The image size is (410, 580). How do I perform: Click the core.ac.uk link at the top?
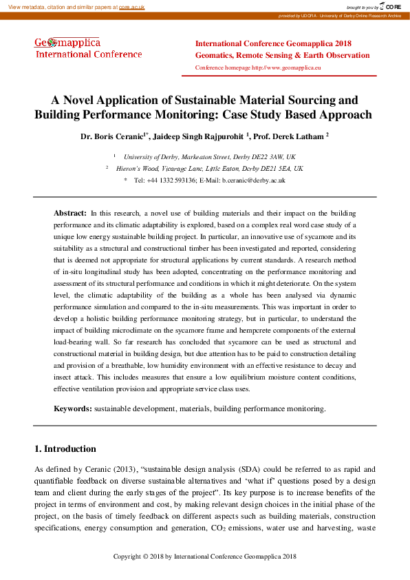(x=132, y=6)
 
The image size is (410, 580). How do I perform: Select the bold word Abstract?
(x=70, y=214)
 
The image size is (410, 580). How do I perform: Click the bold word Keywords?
(x=73, y=408)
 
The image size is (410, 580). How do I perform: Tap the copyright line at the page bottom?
(x=204, y=556)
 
